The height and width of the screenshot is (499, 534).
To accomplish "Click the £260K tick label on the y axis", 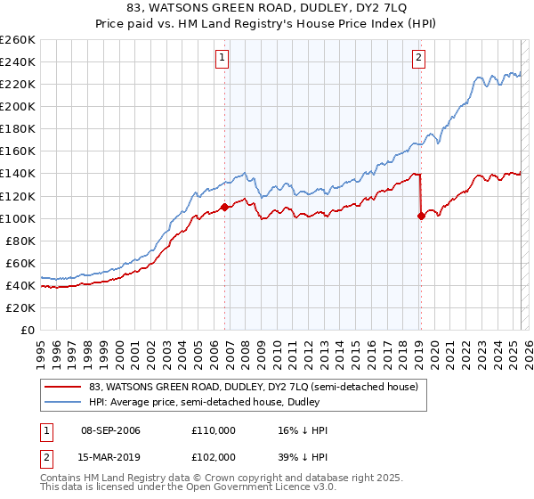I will pos(18,40).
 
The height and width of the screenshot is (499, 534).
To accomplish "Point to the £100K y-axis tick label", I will pos(18,218).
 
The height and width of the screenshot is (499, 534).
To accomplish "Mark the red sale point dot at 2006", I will pos(224,207).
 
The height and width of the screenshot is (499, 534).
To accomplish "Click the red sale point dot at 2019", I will pos(421,216).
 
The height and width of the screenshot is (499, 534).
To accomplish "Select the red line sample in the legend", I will pos(64,387).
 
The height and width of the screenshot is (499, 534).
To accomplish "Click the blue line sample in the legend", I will pos(64,402).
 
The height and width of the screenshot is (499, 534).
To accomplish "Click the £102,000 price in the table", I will pos(214,456).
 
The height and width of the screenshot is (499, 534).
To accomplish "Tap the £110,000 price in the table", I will pos(214,430).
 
